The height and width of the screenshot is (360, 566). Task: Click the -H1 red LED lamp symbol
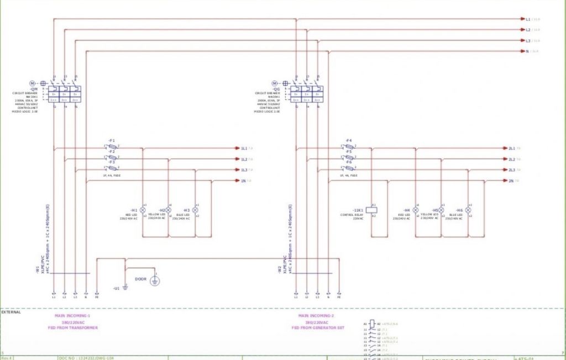pos(143,210)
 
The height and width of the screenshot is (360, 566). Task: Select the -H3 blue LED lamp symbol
pos(195,210)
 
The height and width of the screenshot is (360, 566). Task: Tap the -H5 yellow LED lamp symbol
pos(441,210)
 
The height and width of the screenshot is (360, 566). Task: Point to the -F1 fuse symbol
pos(112,148)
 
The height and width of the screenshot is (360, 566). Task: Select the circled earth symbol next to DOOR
pos(155,281)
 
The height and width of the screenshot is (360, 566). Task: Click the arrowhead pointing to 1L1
pos(236,148)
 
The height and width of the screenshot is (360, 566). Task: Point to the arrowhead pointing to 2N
pos(504,180)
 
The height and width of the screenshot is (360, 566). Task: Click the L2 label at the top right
pos(528,30)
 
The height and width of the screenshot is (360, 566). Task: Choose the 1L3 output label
pos(244,170)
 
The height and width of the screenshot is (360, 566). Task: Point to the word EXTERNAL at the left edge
pos(11,312)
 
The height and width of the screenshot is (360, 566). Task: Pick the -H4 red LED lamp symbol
pos(416,210)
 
